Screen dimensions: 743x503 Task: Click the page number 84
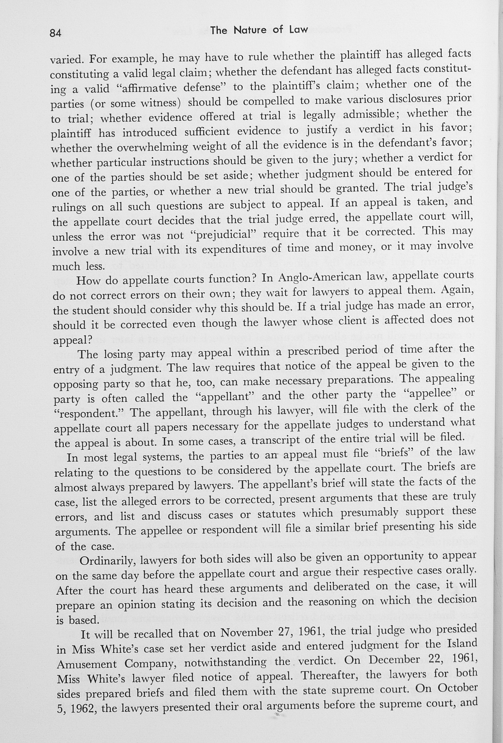click(56, 33)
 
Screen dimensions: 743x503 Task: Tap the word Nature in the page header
click(250, 30)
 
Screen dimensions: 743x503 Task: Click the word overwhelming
click(153, 147)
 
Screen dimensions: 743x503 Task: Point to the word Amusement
click(86, 664)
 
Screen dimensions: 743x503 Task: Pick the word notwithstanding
click(225, 663)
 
